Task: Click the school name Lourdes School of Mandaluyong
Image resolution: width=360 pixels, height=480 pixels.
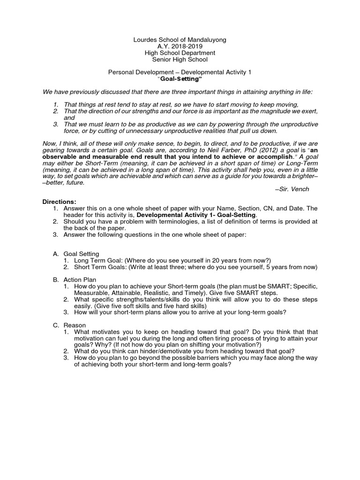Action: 180,40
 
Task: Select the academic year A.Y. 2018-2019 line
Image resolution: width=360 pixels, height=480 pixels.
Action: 180,47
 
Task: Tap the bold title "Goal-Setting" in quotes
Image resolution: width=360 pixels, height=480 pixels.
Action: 180,79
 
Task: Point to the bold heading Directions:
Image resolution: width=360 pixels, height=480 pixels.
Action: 60,202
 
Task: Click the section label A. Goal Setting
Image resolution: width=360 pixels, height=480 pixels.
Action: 76,254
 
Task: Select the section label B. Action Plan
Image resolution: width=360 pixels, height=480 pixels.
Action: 75,279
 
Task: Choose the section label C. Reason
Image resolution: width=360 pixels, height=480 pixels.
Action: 69,325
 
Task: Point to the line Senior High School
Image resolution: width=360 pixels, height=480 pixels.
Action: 180,60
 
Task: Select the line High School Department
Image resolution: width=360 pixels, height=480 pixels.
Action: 180,53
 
